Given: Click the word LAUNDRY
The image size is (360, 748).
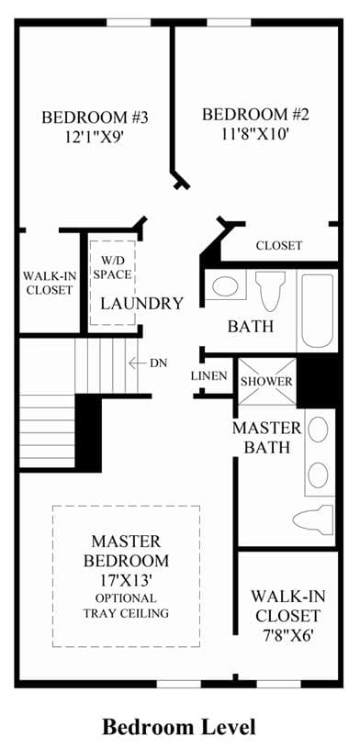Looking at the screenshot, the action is click(141, 303).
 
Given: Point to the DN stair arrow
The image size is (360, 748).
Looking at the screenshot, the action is click(137, 363).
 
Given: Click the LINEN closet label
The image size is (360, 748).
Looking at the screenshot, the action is click(208, 376).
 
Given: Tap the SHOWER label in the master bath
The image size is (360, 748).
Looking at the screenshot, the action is click(266, 382).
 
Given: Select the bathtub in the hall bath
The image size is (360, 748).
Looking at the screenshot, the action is click(318, 310).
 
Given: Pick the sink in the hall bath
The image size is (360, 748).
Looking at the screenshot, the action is click(225, 286).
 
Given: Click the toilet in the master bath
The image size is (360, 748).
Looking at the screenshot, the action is click(313, 520).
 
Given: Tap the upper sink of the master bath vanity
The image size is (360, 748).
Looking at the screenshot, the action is click(318, 430).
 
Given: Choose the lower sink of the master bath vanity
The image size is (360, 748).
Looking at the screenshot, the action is click(318, 474).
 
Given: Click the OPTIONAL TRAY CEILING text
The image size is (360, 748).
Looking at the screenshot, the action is click(126, 606).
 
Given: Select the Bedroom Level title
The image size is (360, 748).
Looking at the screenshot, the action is click(179, 727).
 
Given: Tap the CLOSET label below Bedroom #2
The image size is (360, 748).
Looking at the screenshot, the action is click(279, 246).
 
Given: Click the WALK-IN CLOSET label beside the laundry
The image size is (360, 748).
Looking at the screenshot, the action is click(49, 283).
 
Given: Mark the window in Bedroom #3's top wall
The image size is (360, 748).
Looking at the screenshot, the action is click(129, 22).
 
